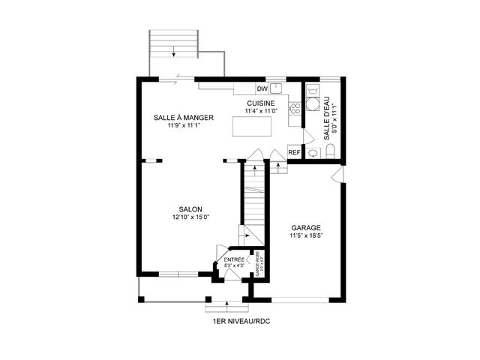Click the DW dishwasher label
[x=262, y=88]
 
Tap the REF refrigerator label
[x=294, y=152]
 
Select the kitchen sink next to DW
[x=275, y=88]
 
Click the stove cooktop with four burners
[x=295, y=109]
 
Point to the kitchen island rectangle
[x=253, y=128]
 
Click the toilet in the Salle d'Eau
[x=330, y=151]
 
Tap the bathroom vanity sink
[x=313, y=151]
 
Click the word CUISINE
[x=260, y=103]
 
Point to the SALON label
[x=190, y=209]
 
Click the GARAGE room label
[x=305, y=227]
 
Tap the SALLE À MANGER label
[x=184, y=118]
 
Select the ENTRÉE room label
[x=234, y=259]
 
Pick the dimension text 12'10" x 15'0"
[x=190, y=217]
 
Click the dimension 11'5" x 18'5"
[x=305, y=235]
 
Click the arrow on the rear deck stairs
[x=174, y=50]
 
